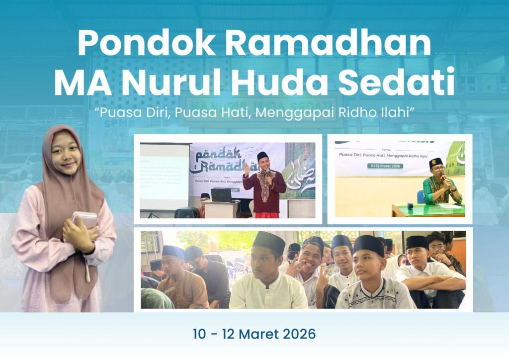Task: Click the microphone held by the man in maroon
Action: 267,173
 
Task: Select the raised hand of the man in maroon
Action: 247,170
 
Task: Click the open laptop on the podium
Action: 221,195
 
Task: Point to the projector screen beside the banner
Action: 164,177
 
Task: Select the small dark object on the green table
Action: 411,205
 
